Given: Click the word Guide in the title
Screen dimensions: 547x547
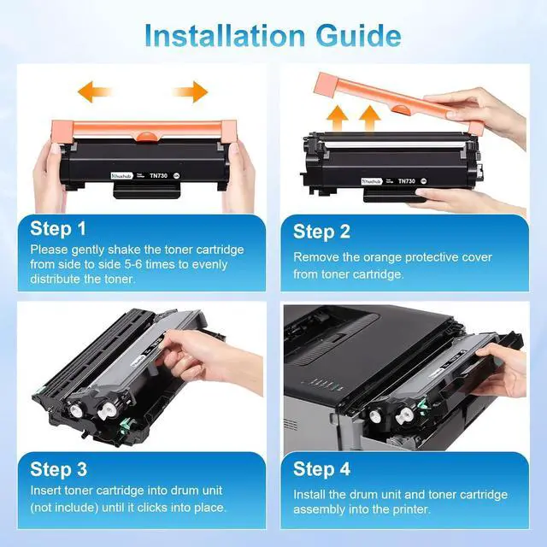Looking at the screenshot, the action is (359, 36).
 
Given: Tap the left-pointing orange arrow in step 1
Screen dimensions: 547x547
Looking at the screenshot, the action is (94, 91).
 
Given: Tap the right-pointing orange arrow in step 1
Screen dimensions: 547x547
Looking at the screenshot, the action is (191, 91).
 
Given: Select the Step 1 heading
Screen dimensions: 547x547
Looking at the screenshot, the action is (58, 228).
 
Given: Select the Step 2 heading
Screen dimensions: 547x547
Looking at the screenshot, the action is (321, 232).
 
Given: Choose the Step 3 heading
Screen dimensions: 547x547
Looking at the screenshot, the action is (58, 469).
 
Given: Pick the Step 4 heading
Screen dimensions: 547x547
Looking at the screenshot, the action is (321, 468).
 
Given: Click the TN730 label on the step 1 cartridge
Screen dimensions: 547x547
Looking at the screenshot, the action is (158, 176).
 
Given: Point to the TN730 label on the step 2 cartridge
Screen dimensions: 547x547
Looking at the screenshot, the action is (407, 181).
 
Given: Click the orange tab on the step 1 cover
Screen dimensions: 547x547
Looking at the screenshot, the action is (145, 137).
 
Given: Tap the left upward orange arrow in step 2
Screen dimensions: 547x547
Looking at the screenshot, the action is (338, 118).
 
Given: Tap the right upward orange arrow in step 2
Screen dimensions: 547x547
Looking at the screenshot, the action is (369, 118).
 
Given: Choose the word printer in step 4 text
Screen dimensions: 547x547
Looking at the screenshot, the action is (412, 509).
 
